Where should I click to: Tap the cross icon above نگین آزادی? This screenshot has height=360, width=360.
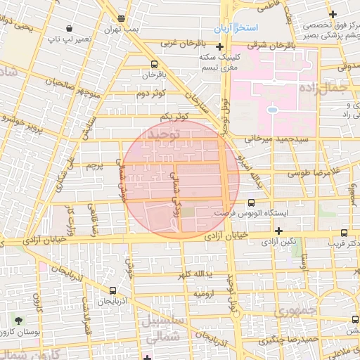coord(279,231)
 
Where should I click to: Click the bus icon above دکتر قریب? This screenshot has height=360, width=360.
coord(344,233)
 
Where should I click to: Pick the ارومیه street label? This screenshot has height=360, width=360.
coord(206,292)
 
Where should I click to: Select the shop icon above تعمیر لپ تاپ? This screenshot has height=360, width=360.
coord(69,28)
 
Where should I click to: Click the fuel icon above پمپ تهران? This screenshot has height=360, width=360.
coord(122,18)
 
